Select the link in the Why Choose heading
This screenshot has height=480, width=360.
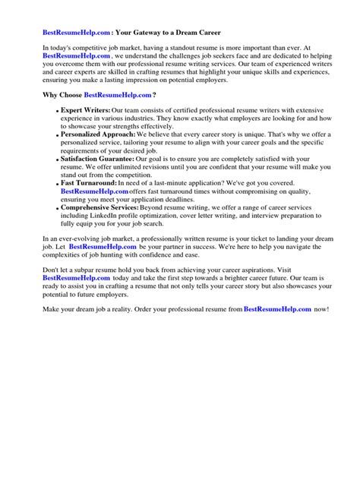tap(117, 94)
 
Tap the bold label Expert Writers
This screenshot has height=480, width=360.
tap(86, 109)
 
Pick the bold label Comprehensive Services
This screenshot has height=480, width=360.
tap(99, 208)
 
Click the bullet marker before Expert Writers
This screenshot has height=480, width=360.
tap(57, 111)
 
